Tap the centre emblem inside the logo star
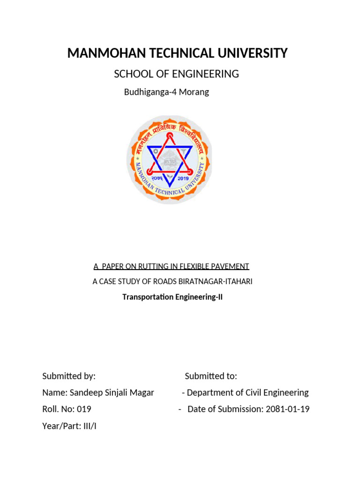pyautogui.click(x=169, y=162)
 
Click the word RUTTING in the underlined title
pyautogui.click(x=140, y=266)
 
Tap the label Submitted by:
pyautogui.click(x=69, y=376)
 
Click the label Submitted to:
pyautogui.click(x=211, y=376)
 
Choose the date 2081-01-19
pyautogui.click(x=287, y=409)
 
